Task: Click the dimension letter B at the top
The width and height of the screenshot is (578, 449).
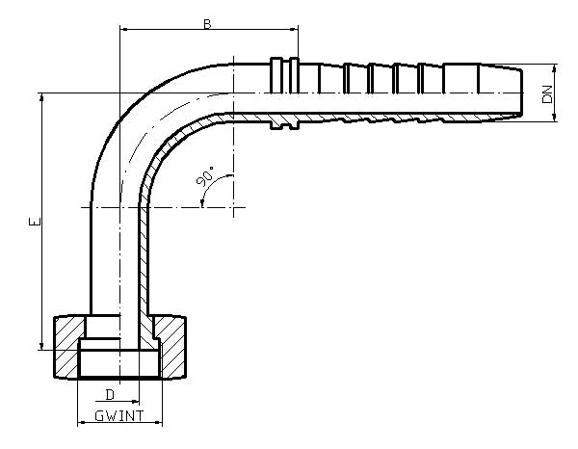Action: [206, 23]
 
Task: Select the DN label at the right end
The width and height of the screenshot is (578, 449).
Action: [547, 93]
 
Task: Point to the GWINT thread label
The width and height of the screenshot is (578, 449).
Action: [120, 415]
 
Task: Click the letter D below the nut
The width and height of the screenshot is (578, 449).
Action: [110, 394]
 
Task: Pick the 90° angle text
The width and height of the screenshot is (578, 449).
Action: [205, 178]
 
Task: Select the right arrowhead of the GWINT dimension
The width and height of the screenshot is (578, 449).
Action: [161, 422]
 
